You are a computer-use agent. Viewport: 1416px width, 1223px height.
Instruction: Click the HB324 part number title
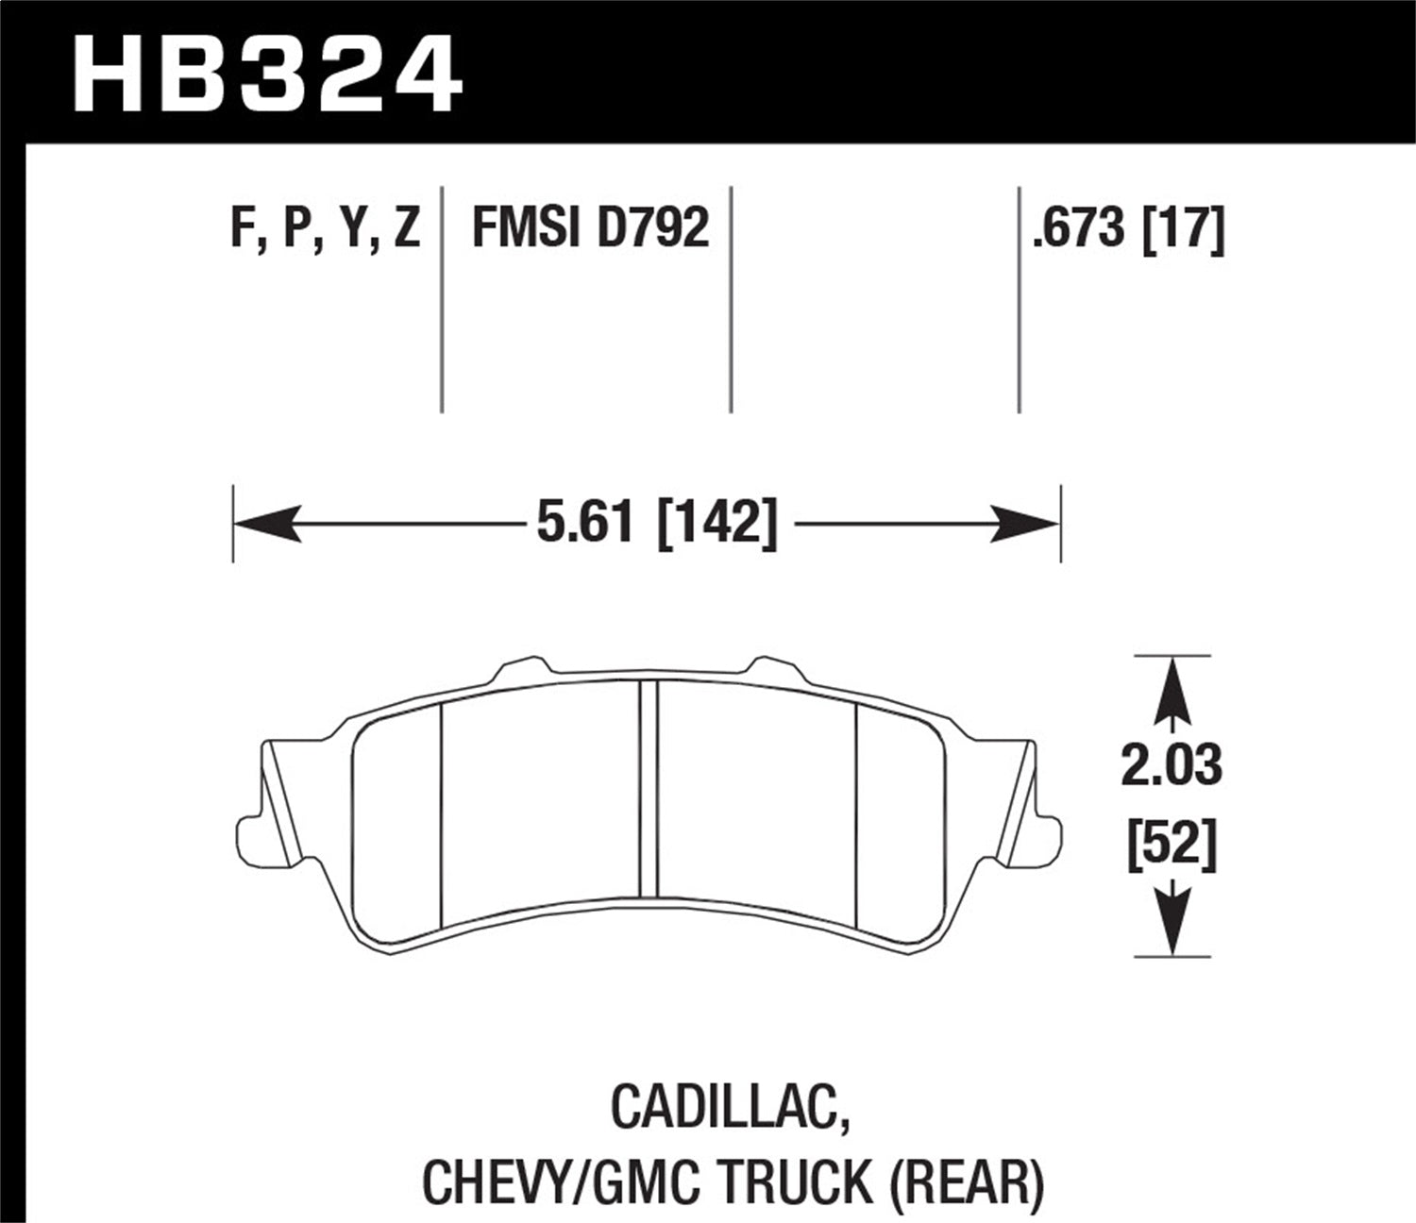click(x=267, y=70)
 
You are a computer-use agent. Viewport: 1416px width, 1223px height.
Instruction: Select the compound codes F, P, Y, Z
click(x=325, y=228)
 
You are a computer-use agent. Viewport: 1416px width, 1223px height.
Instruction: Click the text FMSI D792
click(x=590, y=228)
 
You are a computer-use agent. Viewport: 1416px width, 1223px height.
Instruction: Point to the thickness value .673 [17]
click(x=1128, y=228)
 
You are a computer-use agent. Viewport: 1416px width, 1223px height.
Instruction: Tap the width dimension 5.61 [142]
click(x=656, y=523)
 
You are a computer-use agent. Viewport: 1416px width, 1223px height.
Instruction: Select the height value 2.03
click(x=1171, y=765)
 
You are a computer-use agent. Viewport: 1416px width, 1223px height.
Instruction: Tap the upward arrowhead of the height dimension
click(x=1171, y=680)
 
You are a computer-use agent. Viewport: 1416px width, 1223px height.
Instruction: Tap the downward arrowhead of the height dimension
click(x=1171, y=930)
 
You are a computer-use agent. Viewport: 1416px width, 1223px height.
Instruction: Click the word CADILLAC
click(x=727, y=1105)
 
